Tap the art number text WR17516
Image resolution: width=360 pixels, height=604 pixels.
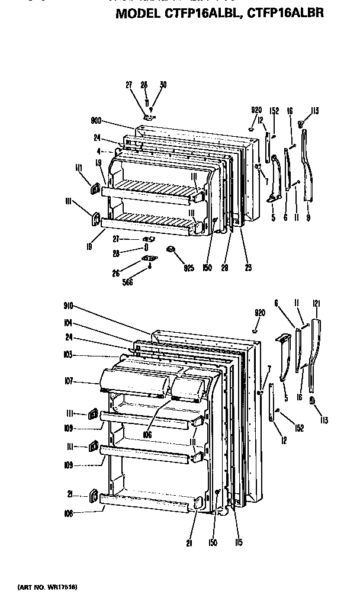coord(63,586)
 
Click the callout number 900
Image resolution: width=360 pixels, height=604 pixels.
coord(97,121)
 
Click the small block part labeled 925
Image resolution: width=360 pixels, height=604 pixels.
coord(171,250)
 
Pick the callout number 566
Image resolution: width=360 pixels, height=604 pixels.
coord(127,282)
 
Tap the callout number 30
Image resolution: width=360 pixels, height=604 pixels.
coord(163,85)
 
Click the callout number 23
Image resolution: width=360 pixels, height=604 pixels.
coord(247,268)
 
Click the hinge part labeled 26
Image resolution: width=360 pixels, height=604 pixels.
coord(151,259)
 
